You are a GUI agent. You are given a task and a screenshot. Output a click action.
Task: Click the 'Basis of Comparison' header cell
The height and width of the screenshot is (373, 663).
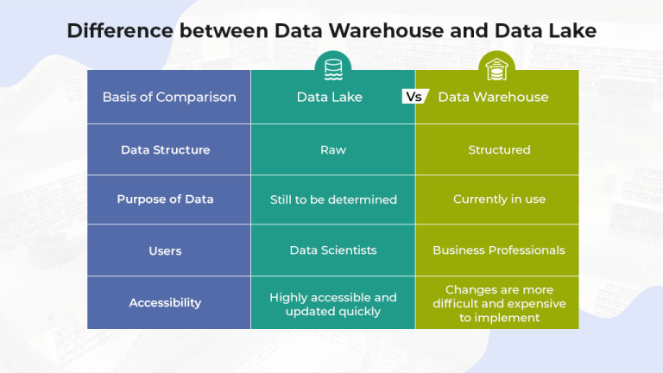(168, 97)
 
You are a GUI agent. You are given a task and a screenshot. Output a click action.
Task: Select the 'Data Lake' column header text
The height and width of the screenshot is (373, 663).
(329, 97)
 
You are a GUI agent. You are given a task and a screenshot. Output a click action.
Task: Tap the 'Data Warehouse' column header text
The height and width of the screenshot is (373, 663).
(493, 97)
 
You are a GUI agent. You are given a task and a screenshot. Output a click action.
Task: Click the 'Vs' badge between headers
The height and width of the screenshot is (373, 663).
(415, 97)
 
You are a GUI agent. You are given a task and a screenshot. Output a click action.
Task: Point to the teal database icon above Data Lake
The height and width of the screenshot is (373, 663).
(332, 66)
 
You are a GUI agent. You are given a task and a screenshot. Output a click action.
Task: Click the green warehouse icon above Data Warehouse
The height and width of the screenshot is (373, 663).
(496, 66)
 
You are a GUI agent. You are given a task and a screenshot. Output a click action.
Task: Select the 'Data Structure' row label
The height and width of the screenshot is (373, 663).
(165, 149)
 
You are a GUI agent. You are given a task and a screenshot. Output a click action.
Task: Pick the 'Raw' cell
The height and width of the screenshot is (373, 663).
(332, 149)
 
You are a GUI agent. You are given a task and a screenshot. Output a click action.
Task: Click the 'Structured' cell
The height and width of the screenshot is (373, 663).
(499, 149)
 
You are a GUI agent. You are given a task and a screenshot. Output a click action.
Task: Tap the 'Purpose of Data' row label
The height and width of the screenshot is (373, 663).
(165, 199)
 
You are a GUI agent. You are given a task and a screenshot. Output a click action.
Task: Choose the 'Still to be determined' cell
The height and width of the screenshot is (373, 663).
(333, 199)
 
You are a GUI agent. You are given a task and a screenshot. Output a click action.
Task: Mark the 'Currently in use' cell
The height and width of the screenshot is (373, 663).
(499, 199)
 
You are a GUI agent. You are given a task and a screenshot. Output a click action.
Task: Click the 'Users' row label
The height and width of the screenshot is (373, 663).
(165, 250)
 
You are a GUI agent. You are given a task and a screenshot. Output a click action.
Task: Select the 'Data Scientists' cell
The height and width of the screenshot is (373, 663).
(333, 250)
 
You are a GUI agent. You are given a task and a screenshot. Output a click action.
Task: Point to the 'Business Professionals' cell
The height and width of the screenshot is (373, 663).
(499, 250)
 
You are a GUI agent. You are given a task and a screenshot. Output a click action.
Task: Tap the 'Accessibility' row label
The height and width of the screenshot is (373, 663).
(165, 302)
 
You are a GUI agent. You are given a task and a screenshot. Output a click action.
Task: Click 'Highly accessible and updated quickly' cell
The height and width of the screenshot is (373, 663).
(333, 304)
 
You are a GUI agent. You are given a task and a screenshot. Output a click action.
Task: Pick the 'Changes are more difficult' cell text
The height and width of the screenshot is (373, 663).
(499, 303)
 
